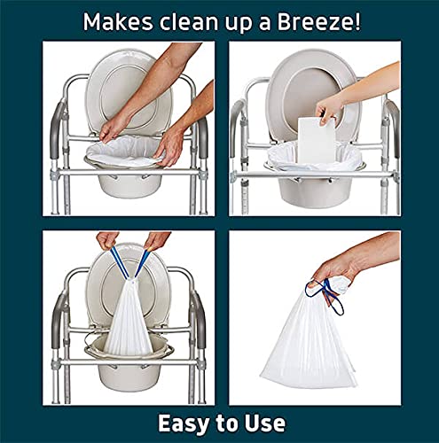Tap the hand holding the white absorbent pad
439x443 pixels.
330,108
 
